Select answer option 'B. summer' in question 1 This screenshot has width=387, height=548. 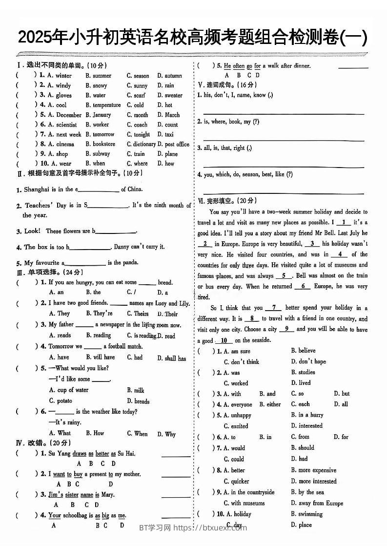[99, 76]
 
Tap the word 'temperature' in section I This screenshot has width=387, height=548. [107, 105]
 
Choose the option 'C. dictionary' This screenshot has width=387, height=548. [141, 144]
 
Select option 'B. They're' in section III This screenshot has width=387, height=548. [99, 314]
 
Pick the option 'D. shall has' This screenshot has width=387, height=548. [171, 358]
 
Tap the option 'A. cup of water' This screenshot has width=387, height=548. [69, 390]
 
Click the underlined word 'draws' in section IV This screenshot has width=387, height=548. [79, 453]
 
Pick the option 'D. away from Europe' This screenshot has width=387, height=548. [317, 503]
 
